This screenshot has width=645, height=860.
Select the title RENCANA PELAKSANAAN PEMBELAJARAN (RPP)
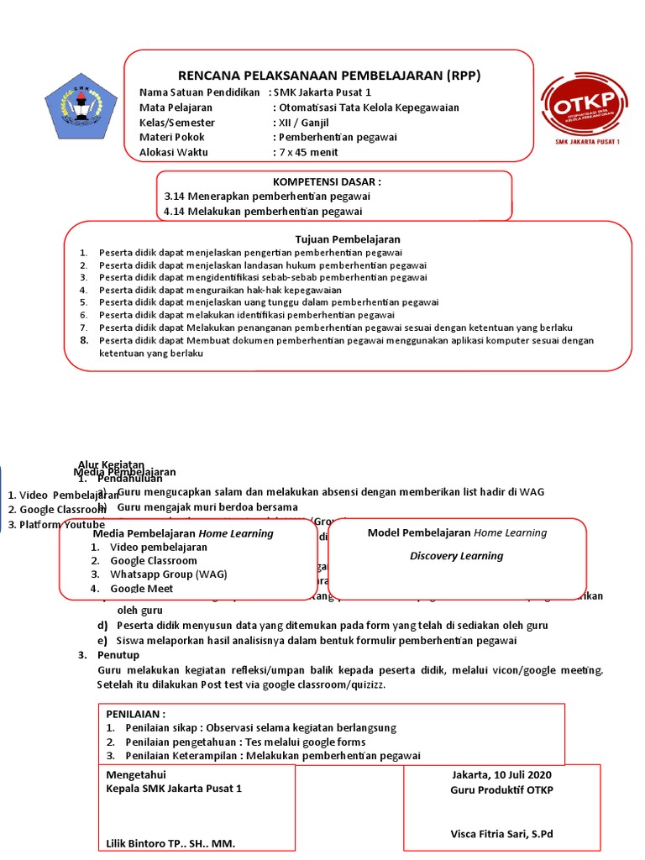click(329, 76)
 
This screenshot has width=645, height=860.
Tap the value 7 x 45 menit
click(307, 152)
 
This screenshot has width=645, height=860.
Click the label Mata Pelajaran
click(176, 107)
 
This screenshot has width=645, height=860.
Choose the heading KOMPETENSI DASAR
click(327, 181)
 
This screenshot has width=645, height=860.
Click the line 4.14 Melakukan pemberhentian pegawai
click(263, 211)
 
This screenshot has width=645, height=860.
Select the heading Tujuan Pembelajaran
click(347, 239)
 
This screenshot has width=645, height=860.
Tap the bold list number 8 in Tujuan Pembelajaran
click(84, 340)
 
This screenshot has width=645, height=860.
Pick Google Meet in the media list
click(142, 589)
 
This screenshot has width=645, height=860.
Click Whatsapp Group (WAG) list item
click(168, 574)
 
